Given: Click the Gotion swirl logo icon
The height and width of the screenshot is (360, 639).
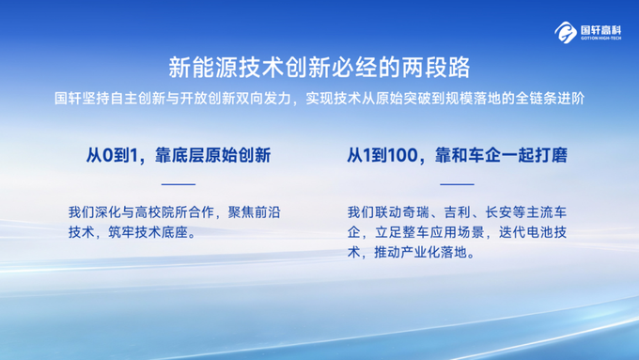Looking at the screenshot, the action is pyautogui.click(x=566, y=32).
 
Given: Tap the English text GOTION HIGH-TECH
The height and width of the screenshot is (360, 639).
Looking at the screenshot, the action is pyautogui.click(x=601, y=39).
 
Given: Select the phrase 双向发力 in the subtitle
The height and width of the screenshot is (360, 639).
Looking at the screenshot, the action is pyautogui.click(x=262, y=99).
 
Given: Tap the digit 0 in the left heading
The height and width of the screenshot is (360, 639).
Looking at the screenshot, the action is pyautogui.click(x=107, y=155).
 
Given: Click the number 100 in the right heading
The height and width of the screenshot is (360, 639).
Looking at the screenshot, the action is pyautogui.click(x=402, y=155).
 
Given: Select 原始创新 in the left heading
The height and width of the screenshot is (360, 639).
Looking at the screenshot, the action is pyautogui.click(x=238, y=155).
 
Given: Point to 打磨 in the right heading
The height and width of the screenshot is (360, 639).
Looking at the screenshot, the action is pyautogui.click(x=551, y=155).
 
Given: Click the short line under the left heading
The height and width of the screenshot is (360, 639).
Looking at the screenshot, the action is pyautogui.click(x=179, y=184).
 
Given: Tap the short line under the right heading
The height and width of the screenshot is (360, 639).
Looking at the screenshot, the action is pyautogui.click(x=457, y=184).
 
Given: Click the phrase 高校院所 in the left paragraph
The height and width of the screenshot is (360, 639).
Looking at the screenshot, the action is pyautogui.click(x=161, y=212).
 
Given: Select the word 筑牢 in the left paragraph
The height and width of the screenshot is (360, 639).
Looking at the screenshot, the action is pyautogui.click(x=121, y=233).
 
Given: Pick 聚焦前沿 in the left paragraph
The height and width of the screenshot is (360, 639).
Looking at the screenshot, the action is pyautogui.click(x=255, y=212).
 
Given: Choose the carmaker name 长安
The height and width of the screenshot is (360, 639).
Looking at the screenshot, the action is pyautogui.click(x=498, y=212).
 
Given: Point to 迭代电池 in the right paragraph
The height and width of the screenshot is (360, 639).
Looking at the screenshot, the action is pyautogui.click(x=525, y=233).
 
